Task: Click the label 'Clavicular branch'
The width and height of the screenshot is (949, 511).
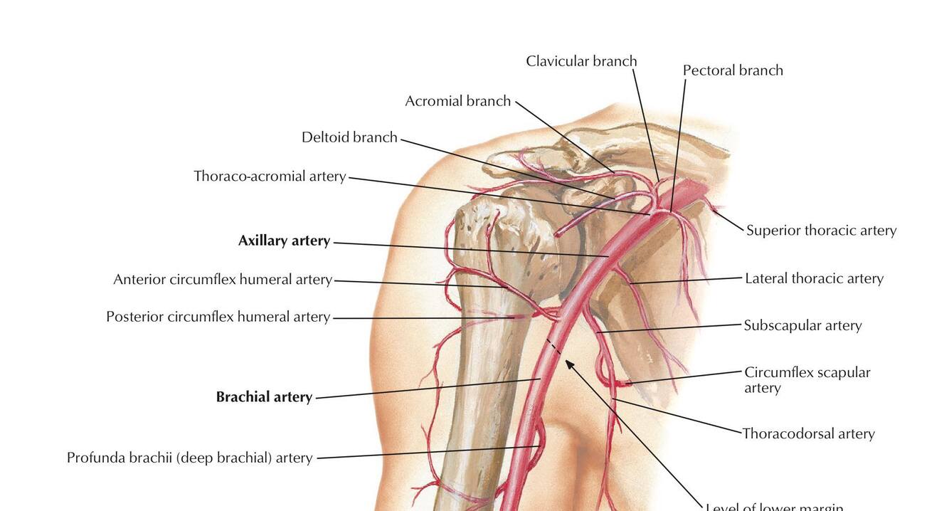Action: [581, 61]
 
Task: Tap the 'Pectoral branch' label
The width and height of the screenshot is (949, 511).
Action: [733, 70]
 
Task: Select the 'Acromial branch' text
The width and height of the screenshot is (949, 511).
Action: [457, 101]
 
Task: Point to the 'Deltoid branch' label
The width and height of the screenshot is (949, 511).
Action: [349, 137]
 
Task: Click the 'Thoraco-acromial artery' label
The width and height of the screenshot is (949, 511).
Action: [270, 176]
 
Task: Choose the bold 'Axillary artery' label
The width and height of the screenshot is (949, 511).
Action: [284, 241]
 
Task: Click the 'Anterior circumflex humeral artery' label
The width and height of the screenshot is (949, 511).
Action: [223, 280]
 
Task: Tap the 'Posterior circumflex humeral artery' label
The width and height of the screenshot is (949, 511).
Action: [218, 317]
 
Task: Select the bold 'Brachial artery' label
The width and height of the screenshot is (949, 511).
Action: [264, 397]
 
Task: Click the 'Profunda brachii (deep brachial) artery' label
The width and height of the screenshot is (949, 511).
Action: [189, 458]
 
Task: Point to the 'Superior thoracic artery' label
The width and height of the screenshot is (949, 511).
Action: [821, 231]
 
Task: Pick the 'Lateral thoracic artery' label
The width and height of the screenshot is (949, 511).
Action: [814, 278]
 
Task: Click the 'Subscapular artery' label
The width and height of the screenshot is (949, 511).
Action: [802, 325]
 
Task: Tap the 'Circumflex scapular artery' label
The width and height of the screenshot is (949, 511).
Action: [807, 379]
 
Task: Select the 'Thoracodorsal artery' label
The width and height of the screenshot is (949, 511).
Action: [808, 433]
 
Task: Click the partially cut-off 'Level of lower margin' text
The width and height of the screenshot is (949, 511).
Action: [774, 506]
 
